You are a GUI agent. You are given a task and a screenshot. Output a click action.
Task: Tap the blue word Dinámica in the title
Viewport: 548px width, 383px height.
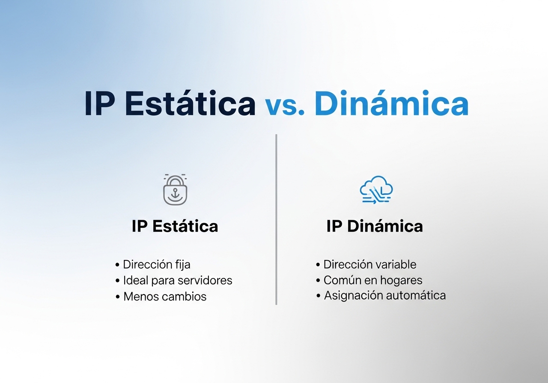coord(391,104)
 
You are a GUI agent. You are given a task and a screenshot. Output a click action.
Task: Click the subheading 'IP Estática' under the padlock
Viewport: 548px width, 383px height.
coord(175,226)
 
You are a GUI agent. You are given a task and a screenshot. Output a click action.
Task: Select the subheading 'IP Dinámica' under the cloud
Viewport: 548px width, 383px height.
coord(375,226)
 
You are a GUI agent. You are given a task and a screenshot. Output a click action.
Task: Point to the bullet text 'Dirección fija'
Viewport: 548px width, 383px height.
coord(156,265)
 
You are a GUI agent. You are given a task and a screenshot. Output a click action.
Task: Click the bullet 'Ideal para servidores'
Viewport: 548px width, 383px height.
coord(178,280)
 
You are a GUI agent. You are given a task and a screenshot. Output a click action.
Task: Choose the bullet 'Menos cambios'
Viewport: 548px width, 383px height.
coord(165,296)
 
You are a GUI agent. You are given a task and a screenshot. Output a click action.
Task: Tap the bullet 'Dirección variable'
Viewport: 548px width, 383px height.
coord(370,265)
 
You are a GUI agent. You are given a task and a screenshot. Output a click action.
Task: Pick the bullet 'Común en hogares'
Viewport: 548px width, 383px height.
coord(373,280)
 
